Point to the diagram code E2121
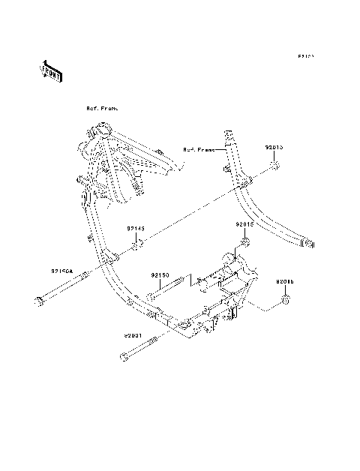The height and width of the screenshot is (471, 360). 304,56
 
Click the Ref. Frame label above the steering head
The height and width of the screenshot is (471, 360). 102,109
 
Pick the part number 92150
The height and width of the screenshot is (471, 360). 160,275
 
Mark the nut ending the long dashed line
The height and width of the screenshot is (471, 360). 276,166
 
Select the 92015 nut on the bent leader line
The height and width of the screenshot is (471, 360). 286,300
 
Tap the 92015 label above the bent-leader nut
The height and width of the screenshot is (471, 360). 285,282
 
